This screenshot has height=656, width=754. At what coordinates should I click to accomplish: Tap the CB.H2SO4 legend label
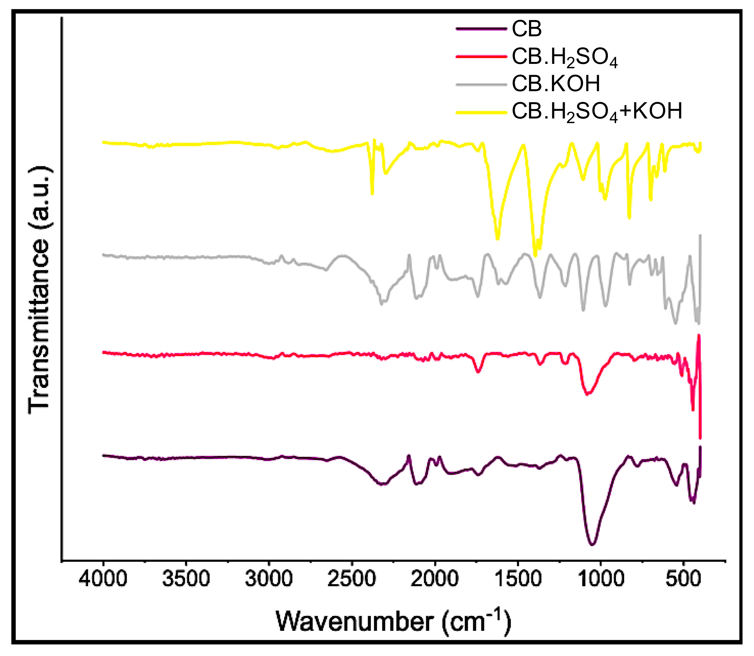point(564,58)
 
